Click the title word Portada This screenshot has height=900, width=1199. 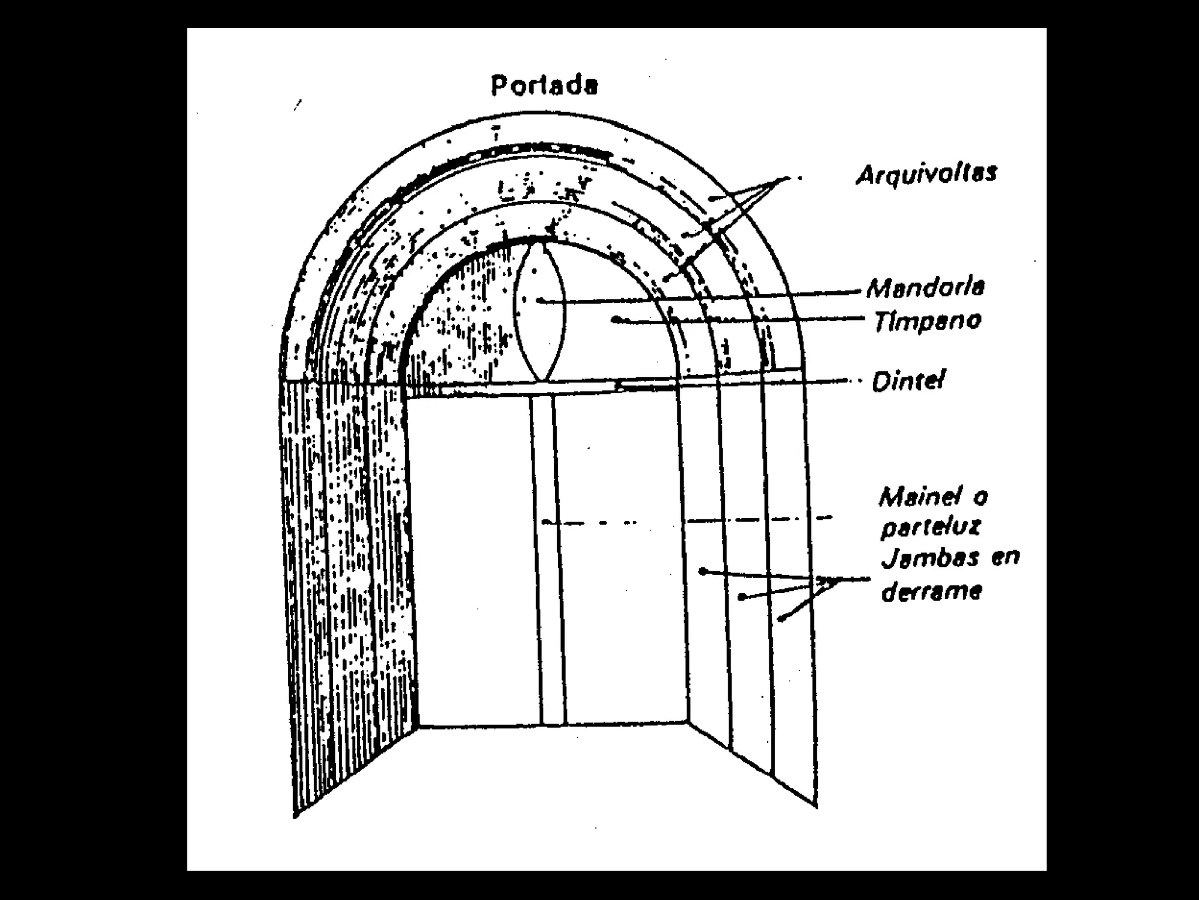click(544, 86)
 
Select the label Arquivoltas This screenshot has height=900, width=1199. click(926, 173)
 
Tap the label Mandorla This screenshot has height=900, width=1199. click(925, 288)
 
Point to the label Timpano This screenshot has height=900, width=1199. click(927, 321)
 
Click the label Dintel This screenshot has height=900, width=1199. click(908, 382)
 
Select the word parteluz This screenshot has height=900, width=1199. click(930, 527)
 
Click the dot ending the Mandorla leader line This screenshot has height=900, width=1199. click(539, 301)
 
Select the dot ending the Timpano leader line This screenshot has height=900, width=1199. click(615, 319)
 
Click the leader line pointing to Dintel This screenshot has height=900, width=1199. click(761, 383)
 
